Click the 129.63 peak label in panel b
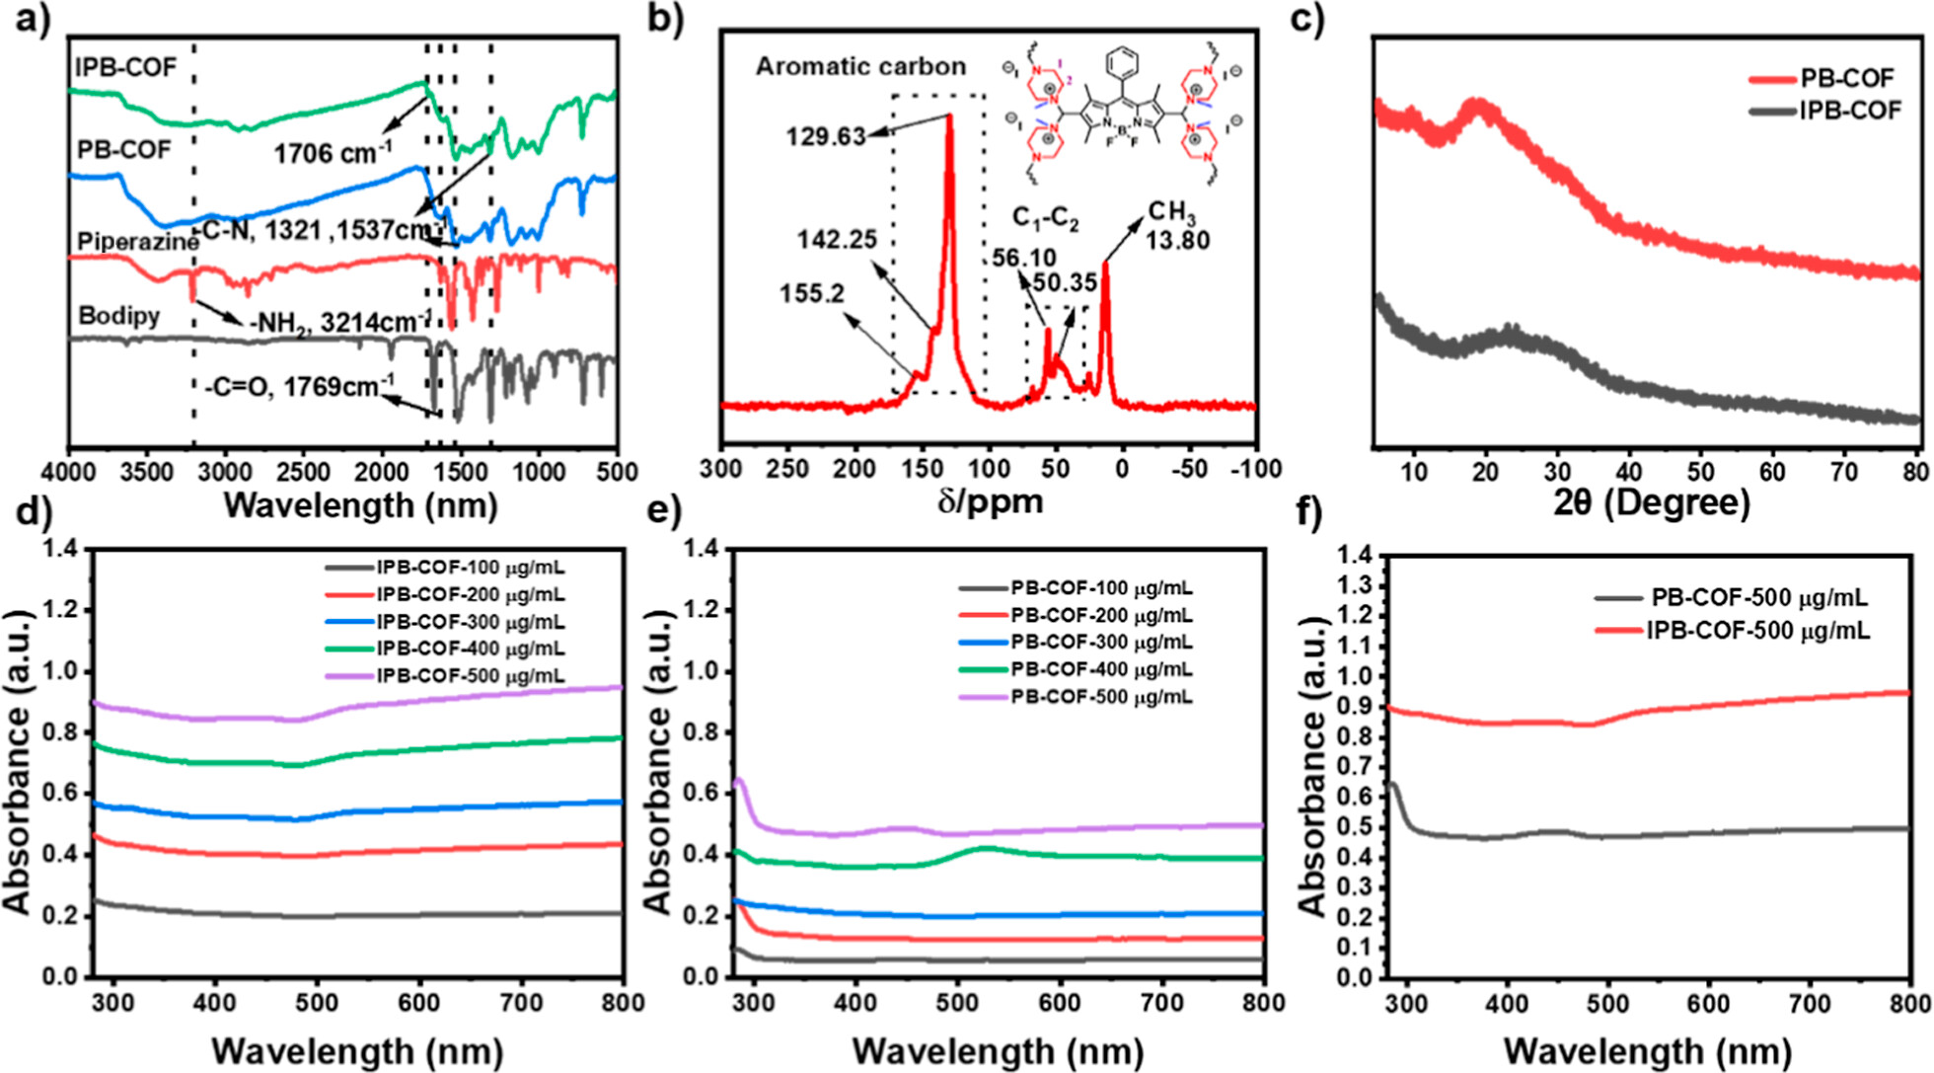pyautogui.click(x=825, y=136)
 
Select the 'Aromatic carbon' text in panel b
pyautogui.click(x=860, y=67)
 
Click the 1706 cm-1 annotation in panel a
pyautogui.click(x=333, y=153)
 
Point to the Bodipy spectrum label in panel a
pyautogui.click(x=118, y=316)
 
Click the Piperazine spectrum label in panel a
pyautogui.click(x=137, y=242)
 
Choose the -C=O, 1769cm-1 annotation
pyautogui.click(x=299, y=386)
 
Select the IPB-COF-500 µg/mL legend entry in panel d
pyautogui.click(x=470, y=676)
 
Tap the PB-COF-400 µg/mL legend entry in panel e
pyautogui.click(x=1100, y=669)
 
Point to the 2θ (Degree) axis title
pyautogui.click(x=1651, y=502)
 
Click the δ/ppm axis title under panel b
pyautogui.click(x=990, y=502)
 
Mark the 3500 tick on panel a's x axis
pyautogui.click(x=146, y=472)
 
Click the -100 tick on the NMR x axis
pyautogui.click(x=1255, y=469)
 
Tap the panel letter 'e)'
pyautogui.click(x=663, y=513)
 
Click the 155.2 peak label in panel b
pyautogui.click(x=811, y=294)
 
